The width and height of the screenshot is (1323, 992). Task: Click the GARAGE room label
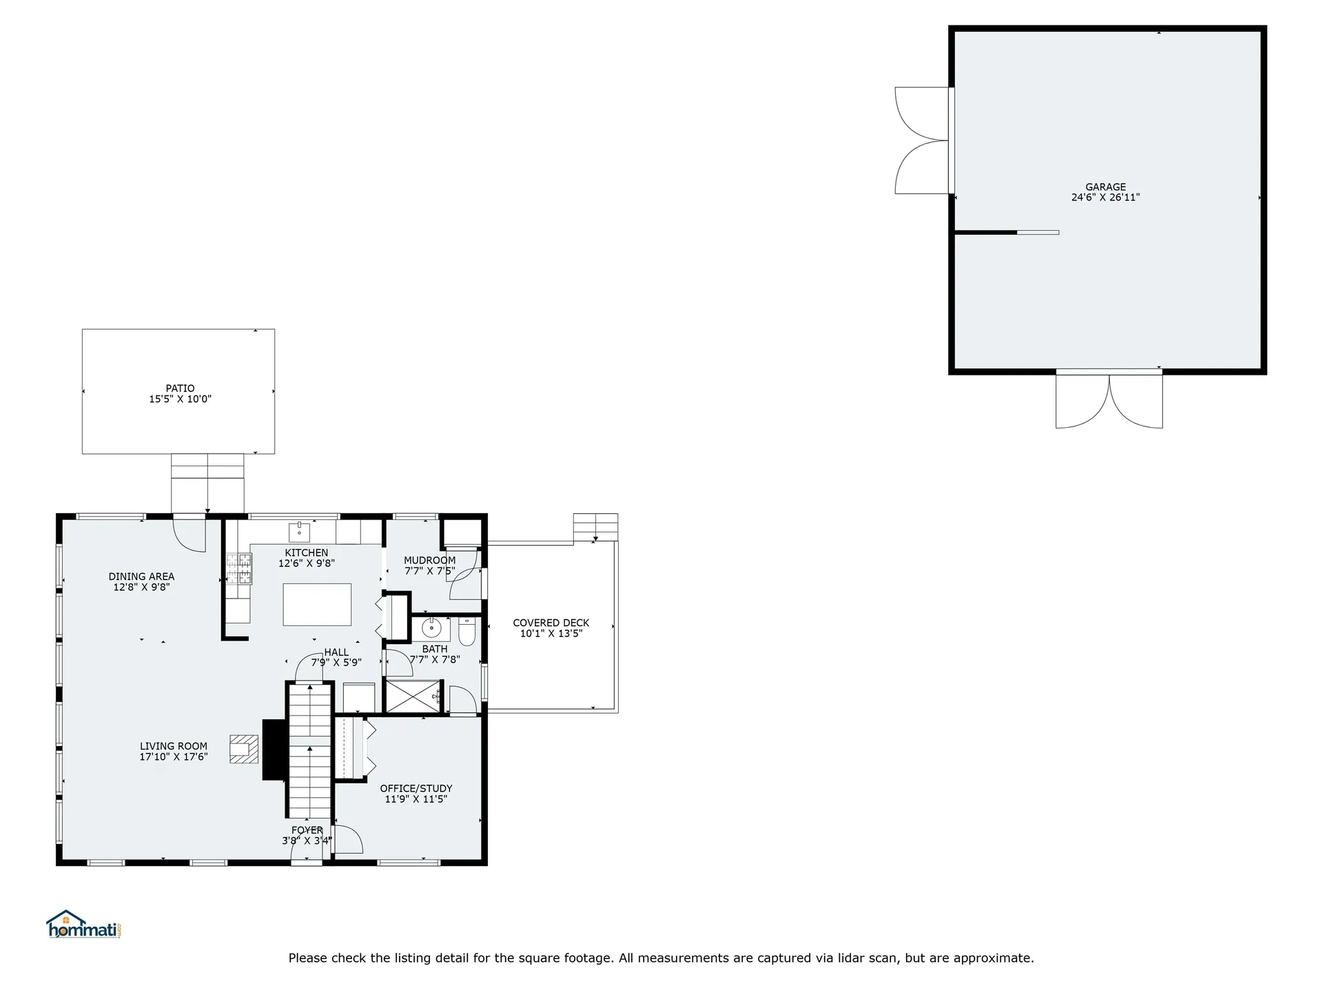[1105, 187]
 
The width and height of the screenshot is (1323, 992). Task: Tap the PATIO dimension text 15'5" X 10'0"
[180, 399]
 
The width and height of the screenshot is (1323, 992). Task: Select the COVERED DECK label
[551, 623]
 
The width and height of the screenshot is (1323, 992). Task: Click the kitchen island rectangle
[317, 604]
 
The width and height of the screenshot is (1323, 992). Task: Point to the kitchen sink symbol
[300, 531]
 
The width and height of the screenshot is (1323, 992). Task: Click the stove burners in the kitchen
[239, 569]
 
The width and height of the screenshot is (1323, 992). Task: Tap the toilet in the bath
[467, 632]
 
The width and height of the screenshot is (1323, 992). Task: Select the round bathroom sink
[431, 628]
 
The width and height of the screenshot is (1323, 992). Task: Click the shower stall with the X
[412, 696]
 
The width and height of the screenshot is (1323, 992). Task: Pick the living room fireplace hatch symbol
[244, 749]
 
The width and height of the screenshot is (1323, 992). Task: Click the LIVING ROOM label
[174, 746]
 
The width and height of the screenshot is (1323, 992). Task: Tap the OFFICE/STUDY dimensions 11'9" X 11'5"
[416, 799]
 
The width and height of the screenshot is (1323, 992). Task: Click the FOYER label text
[307, 830]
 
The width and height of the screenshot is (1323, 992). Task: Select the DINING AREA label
[141, 577]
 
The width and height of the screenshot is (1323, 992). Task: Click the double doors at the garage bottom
[1109, 403]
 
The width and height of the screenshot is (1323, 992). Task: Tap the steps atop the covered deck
[595, 527]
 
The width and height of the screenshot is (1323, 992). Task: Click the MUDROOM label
[429, 560]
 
